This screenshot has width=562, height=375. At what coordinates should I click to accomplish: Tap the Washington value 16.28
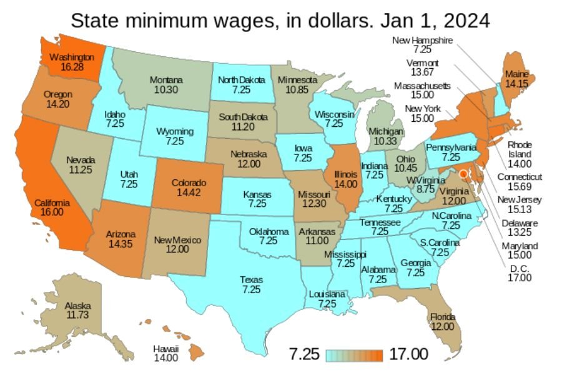click(x=72, y=66)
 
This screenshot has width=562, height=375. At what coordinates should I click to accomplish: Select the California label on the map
click(x=52, y=203)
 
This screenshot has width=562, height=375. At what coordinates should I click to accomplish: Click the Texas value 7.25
click(x=251, y=289)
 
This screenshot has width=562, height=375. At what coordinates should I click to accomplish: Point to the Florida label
click(x=442, y=317)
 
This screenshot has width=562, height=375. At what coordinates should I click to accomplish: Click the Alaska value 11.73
click(x=78, y=315)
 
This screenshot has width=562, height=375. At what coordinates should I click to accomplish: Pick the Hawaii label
click(x=166, y=348)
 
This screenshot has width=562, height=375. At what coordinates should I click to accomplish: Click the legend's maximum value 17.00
click(x=408, y=354)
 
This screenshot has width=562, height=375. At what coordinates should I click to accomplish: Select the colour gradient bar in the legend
click(x=354, y=355)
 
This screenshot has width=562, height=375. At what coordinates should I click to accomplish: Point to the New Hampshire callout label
click(x=421, y=41)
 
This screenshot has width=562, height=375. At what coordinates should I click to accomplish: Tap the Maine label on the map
click(x=516, y=74)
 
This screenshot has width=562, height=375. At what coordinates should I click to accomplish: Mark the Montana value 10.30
click(x=165, y=89)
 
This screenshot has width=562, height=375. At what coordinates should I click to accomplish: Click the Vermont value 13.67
click(x=422, y=72)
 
